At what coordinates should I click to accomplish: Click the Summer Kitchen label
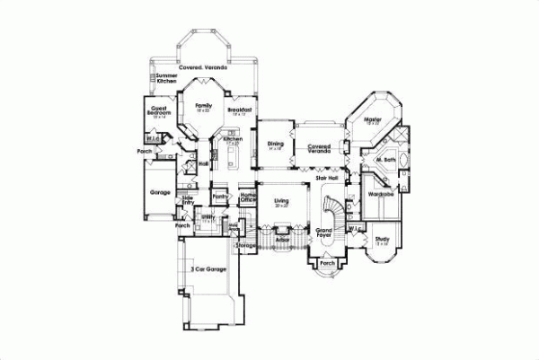(x=166, y=79)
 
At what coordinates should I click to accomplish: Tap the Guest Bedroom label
(x=161, y=111)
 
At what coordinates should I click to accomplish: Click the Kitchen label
(x=233, y=140)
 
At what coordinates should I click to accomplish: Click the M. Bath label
(x=386, y=160)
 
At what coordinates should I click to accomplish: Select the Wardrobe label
(x=383, y=193)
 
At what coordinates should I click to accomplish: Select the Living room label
(x=280, y=202)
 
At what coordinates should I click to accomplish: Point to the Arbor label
(x=282, y=241)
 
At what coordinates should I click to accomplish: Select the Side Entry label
(x=189, y=203)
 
